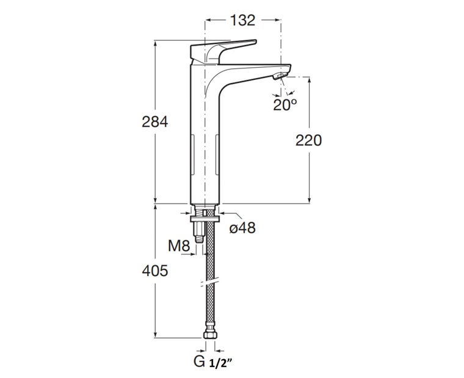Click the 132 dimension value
pos(242,20)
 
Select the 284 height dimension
pos(154,121)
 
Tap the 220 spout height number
pos(308,140)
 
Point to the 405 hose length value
pos(154,271)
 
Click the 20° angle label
pos(285,104)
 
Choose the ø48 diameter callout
pos(242,228)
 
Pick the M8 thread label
pos(179,246)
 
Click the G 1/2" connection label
pos(212,361)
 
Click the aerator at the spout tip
pos(279,76)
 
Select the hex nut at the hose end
pos(210,335)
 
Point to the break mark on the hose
pos(210,282)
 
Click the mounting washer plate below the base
pos(205,219)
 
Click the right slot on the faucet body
pos(217,154)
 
